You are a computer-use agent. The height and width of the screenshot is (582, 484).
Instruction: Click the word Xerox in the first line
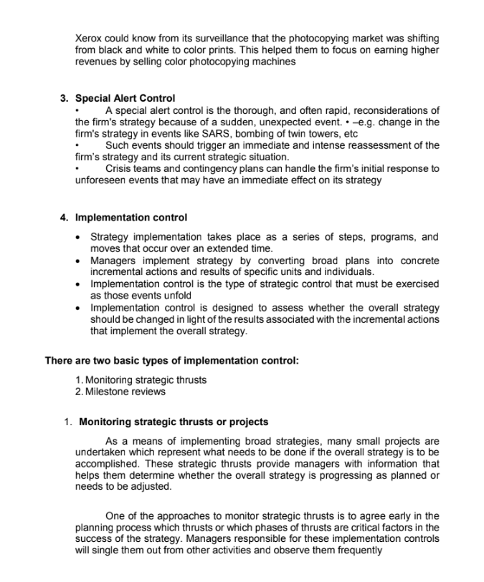point(89,37)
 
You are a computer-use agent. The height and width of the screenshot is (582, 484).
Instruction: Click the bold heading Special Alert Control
point(125,98)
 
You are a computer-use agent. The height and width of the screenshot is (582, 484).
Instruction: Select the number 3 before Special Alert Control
point(64,98)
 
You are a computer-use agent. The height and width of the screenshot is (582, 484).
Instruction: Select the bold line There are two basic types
point(171,361)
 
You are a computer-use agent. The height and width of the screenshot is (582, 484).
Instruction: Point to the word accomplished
point(106,462)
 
